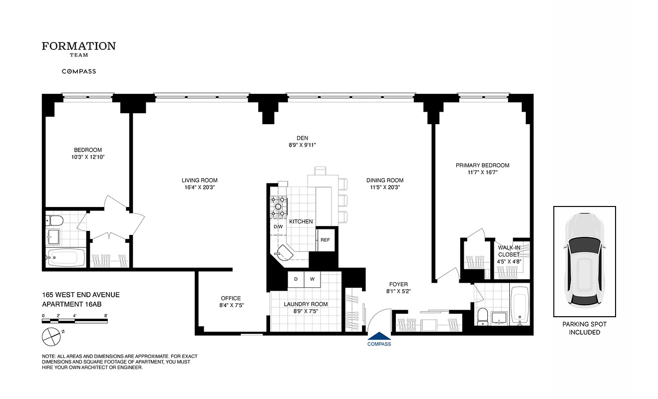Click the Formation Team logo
click(x=78, y=49)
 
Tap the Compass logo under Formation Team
click(x=78, y=71)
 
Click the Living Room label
click(x=199, y=181)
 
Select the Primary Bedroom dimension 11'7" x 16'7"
click(x=482, y=173)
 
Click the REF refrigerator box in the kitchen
click(x=325, y=240)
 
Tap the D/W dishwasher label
click(x=278, y=227)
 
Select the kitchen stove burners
click(x=278, y=206)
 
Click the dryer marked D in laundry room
click(x=296, y=279)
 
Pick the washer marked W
click(x=312, y=279)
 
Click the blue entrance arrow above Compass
click(x=379, y=337)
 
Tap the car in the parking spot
click(x=584, y=261)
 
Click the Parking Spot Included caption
click(x=584, y=328)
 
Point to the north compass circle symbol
click(x=51, y=336)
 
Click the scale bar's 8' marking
click(x=106, y=316)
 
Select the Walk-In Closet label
click(x=508, y=251)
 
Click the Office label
click(x=231, y=298)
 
